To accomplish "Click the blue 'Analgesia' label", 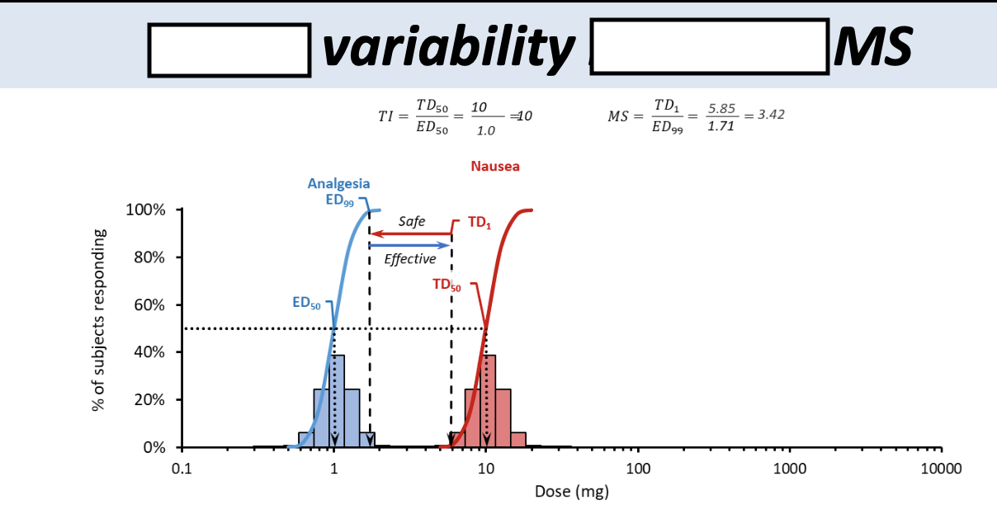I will click(x=338, y=184).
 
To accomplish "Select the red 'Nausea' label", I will click(x=495, y=167).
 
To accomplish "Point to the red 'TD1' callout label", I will click(x=479, y=223).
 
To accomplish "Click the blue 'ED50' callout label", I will click(x=306, y=303).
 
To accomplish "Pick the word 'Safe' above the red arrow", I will click(x=412, y=221).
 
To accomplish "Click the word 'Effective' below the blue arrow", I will click(x=410, y=259).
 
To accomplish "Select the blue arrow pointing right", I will click(x=410, y=245).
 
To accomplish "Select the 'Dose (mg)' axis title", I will click(x=572, y=493).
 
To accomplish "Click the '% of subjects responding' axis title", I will click(x=99, y=318).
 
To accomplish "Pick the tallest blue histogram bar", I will click(x=337, y=401).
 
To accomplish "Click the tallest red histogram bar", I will click(x=488, y=401).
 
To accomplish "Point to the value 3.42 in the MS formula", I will click(x=771, y=114).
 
